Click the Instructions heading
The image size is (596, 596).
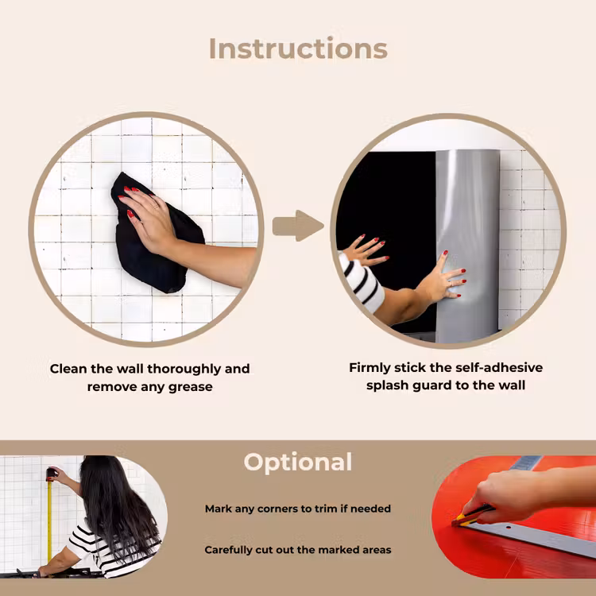[x=298, y=48]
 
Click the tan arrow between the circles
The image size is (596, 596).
[x=298, y=226]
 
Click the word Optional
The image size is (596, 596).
[x=298, y=462]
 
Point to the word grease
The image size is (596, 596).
[x=190, y=387]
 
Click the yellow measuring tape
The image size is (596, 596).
[x=49, y=521]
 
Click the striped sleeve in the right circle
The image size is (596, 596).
[x=361, y=281]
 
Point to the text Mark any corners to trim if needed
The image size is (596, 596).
[x=298, y=509]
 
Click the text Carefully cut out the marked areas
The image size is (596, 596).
[x=298, y=550]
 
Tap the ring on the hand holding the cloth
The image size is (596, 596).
[x=155, y=207]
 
